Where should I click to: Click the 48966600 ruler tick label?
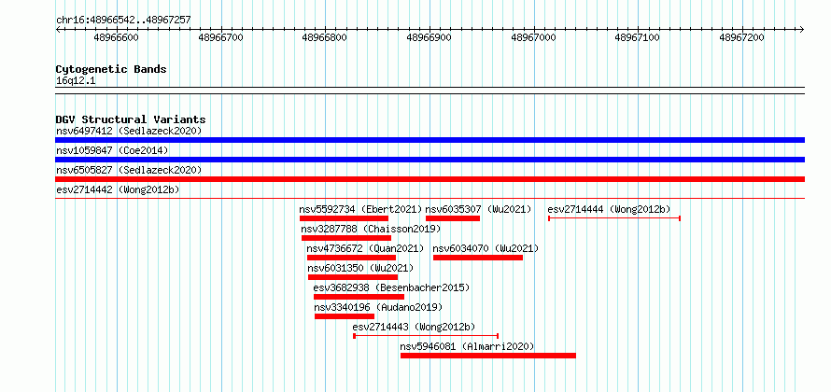[116, 37]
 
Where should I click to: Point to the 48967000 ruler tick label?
[533, 37]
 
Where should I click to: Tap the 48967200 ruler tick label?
[741, 37]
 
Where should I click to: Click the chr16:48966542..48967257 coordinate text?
[123, 21]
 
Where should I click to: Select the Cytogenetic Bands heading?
[111, 69]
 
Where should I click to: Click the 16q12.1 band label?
[76, 81]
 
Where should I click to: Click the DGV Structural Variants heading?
[131, 119]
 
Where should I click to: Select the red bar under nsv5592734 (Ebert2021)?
[344, 218]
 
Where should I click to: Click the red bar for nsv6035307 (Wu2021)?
[453, 218]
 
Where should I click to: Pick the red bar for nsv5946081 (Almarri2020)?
[488, 356]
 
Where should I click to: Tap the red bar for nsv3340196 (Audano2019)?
[345, 316]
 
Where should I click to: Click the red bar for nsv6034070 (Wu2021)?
[478, 258]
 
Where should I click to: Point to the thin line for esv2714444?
[614, 218]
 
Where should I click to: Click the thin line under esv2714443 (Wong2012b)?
[426, 336]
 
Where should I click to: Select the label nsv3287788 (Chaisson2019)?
[371, 229]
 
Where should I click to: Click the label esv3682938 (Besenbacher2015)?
[391, 287]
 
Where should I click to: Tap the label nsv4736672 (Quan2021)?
[365, 248]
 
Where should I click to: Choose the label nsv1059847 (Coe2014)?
[112, 150]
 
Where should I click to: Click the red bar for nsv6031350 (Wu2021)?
[353, 277]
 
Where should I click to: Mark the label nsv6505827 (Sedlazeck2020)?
[129, 170]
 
